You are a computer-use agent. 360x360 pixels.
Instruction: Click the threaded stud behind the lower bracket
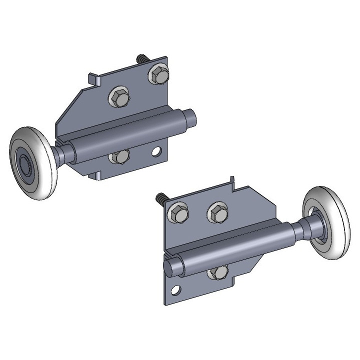click(161, 198)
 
